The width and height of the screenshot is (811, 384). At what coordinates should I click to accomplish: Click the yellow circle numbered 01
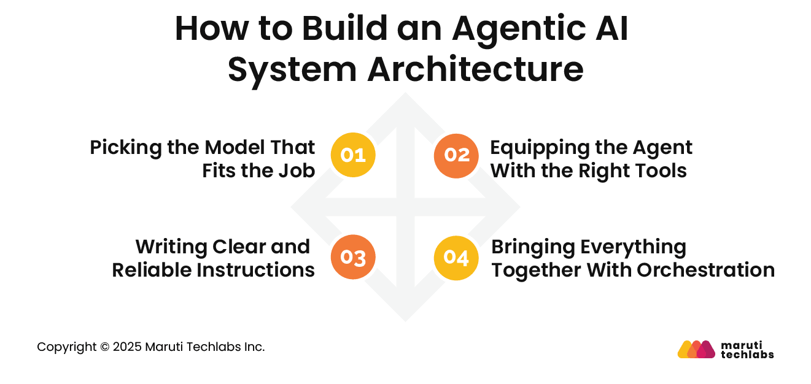tap(352, 155)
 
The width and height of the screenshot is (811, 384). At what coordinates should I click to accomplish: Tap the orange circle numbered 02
tap(456, 155)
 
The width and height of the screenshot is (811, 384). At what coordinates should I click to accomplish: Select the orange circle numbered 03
tap(352, 258)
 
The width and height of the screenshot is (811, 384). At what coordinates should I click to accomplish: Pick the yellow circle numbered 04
tap(456, 258)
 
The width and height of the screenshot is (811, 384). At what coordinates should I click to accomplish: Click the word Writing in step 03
tap(171, 247)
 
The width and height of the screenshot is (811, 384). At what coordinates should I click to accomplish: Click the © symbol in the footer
tap(103, 347)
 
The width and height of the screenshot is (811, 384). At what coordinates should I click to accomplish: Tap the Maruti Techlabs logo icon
tap(696, 349)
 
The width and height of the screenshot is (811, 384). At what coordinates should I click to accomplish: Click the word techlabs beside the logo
tap(747, 355)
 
